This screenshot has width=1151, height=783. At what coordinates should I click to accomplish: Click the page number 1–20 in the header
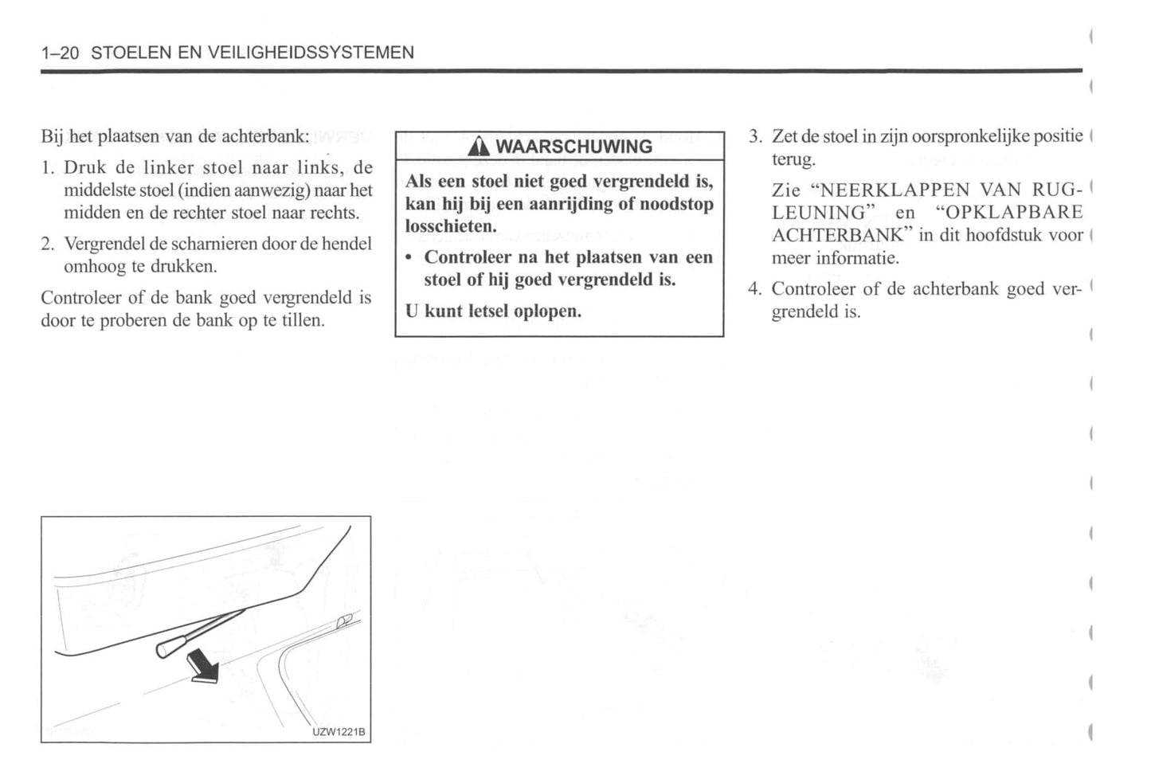tap(60, 53)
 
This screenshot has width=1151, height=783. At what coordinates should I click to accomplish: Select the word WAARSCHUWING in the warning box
tap(574, 147)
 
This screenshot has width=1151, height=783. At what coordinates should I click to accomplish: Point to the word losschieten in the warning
tap(449, 226)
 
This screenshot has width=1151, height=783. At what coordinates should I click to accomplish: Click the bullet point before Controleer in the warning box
tap(409, 258)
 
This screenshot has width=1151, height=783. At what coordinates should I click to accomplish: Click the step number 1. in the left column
tap(47, 168)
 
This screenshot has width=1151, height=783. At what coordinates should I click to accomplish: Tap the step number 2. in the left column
tap(47, 244)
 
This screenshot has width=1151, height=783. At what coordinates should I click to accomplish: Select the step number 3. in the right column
tap(755, 137)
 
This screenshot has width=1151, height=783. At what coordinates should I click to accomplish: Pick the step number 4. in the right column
tap(755, 289)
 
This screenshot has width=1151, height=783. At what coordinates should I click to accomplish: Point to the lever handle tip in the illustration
tap(163, 650)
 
